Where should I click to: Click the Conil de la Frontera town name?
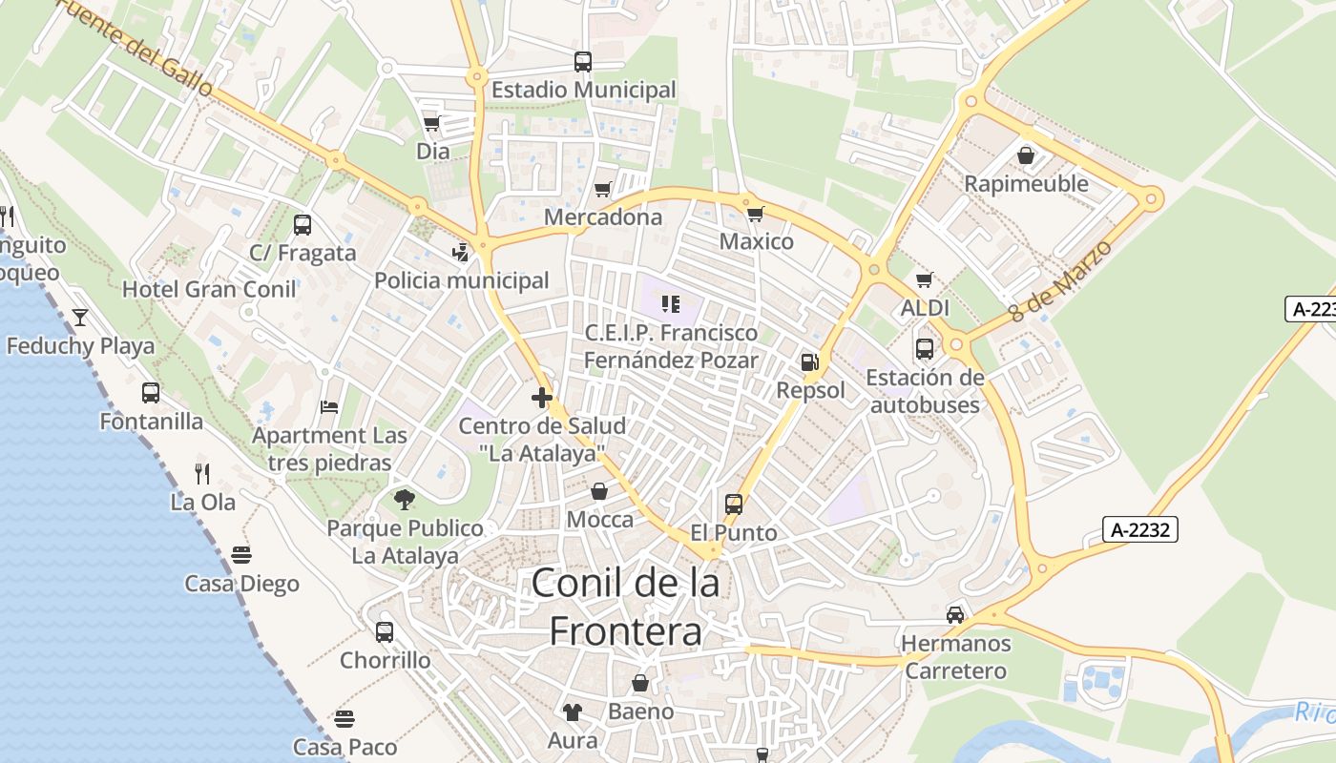[x=625, y=607]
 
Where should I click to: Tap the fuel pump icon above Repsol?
[x=809, y=361]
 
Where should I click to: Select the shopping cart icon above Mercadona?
[x=602, y=190]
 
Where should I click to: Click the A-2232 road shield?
[x=1140, y=529]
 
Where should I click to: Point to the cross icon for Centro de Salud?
[x=542, y=398]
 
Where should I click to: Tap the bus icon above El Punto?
[x=733, y=505]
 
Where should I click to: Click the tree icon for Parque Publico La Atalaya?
[x=405, y=499]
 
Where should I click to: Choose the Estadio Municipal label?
[x=583, y=90]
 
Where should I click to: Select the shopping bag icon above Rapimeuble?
[x=1026, y=155]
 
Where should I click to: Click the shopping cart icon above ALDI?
[x=924, y=279]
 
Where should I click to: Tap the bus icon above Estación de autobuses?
[x=924, y=349]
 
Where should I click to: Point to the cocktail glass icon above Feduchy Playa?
[x=80, y=317]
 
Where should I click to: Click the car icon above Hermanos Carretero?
[x=955, y=614]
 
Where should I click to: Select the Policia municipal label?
[x=462, y=280]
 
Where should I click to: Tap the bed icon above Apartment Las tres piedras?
[x=329, y=407]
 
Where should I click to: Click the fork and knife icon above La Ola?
[x=202, y=473]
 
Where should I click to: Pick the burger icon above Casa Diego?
[x=241, y=555]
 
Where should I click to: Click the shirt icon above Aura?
[x=573, y=711]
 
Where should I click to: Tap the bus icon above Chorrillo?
[x=385, y=631]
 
